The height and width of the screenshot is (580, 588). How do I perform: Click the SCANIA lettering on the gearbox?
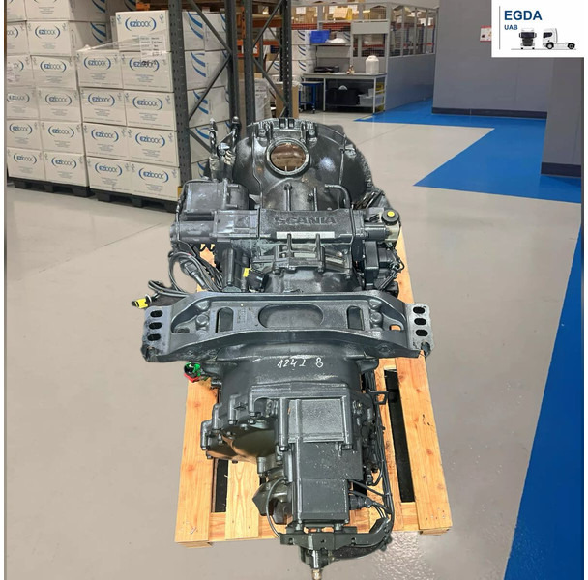click(306, 220)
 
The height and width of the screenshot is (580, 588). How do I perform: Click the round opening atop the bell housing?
click(286, 156)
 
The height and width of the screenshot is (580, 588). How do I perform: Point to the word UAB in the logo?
click(514, 31)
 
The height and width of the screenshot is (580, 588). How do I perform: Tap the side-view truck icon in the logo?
click(558, 40)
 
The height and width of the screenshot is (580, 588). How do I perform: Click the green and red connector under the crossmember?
click(193, 369)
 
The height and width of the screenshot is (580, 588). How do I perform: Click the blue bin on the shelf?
click(318, 37)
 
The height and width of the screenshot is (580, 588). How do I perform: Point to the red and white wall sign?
click(485, 33)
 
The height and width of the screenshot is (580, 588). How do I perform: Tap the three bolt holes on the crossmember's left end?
click(154, 327)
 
